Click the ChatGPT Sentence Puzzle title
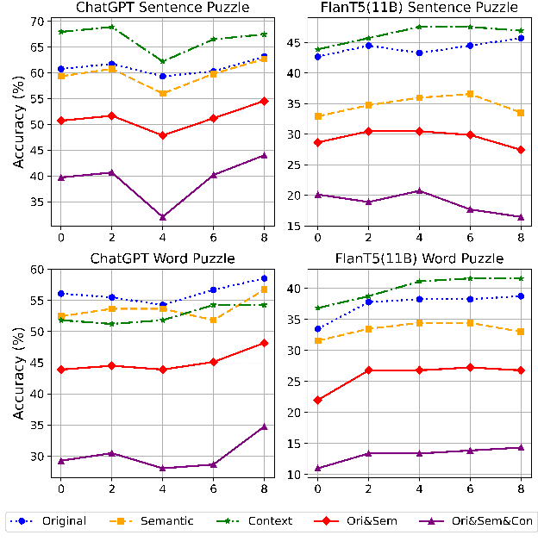pos(162,8)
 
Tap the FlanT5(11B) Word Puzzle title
pos(420,258)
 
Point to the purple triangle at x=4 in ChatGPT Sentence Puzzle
pos(163,216)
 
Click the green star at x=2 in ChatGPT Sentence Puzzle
pos(111,27)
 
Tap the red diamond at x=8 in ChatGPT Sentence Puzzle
pos(265,101)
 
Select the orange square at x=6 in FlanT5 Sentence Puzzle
pos(471,93)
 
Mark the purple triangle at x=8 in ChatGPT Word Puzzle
pos(265,426)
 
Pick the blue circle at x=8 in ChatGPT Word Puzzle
pos(265,278)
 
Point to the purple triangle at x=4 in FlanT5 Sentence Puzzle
pos(420,190)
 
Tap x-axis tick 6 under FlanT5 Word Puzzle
pos(471,488)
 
